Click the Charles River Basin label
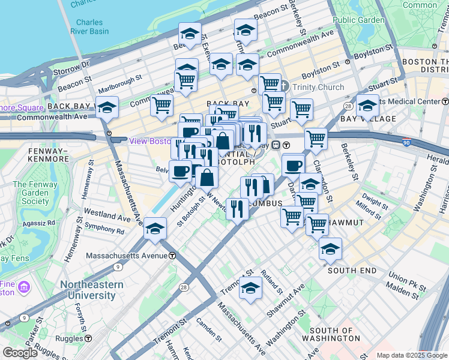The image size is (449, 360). (89, 27)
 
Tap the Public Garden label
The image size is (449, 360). (358, 20)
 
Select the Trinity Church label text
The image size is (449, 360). (318, 87)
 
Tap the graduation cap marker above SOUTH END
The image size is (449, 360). (330, 249)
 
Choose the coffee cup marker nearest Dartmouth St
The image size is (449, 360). (293, 165)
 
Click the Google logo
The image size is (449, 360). (20, 353)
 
